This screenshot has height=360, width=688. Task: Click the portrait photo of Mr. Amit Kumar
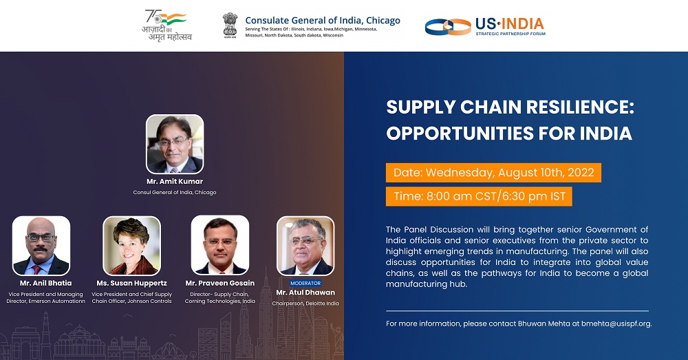tap(175, 144)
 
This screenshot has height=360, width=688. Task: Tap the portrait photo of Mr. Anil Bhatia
tap(41, 246)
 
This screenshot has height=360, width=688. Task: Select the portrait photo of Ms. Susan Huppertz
tap(131, 246)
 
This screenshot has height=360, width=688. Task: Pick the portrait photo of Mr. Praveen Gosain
tap(220, 245)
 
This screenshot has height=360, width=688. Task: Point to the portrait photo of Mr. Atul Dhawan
tap(305, 246)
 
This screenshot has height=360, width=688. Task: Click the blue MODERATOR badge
tap(305, 283)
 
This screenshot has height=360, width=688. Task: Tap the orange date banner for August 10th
tap(493, 173)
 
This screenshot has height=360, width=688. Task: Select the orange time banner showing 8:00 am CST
tap(479, 196)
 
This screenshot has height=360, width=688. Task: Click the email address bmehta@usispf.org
tap(616, 324)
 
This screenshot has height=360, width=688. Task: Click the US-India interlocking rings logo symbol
tap(448, 27)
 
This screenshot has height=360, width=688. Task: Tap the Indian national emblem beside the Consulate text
tap(230, 25)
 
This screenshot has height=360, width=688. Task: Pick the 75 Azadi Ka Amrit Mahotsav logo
tap(166, 25)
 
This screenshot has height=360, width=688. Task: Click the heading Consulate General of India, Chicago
tap(323, 20)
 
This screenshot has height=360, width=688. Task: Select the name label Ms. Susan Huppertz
tap(131, 283)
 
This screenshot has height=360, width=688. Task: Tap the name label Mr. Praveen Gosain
tap(220, 283)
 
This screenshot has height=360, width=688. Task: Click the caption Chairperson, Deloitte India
tap(305, 304)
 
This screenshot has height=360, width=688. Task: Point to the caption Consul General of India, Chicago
tap(175, 192)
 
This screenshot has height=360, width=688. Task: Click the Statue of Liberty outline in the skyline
tap(337, 339)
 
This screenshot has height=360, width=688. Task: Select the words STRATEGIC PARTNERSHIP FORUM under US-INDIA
tap(510, 34)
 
